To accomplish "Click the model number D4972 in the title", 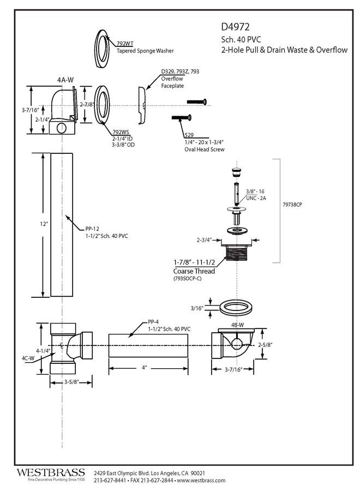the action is (235, 27).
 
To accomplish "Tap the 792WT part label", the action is (124, 44).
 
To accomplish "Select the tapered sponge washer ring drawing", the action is (103, 49).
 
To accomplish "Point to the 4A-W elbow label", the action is (65, 80).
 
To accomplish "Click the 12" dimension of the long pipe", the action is (44, 224).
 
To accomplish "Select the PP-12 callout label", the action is (92, 229).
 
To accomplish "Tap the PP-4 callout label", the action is (153, 322).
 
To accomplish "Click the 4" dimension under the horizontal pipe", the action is (144, 368).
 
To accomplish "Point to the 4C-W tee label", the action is (28, 358).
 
